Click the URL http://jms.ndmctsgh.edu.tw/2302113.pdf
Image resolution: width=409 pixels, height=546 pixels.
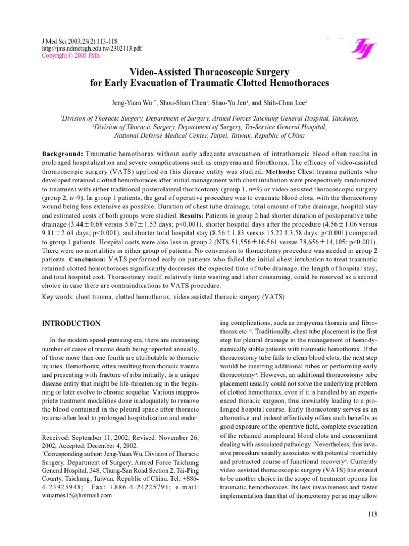pos(76,47)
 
